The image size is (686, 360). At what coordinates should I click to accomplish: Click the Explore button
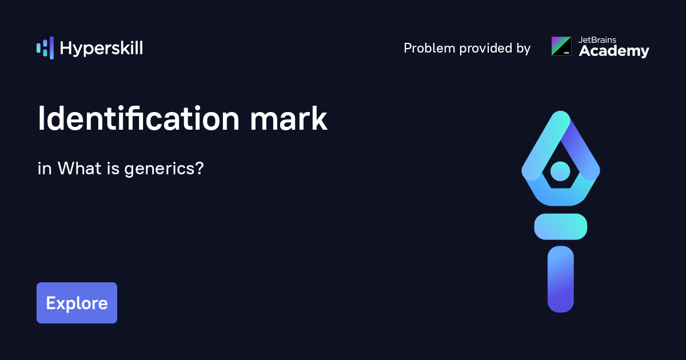[x=77, y=303]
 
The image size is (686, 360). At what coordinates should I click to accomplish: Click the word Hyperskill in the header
[x=101, y=49]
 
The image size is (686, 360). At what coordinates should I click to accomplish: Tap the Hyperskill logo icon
[x=45, y=48]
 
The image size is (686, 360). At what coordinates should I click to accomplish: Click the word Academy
[x=614, y=51]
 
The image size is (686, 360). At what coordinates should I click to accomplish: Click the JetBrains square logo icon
[x=561, y=46]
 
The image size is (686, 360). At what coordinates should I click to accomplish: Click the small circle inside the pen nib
[x=560, y=170]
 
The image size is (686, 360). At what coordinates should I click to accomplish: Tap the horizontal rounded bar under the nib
[x=560, y=226]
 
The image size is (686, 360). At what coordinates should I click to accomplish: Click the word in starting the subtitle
[x=44, y=169]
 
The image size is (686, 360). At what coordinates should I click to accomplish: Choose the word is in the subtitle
[x=111, y=169]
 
